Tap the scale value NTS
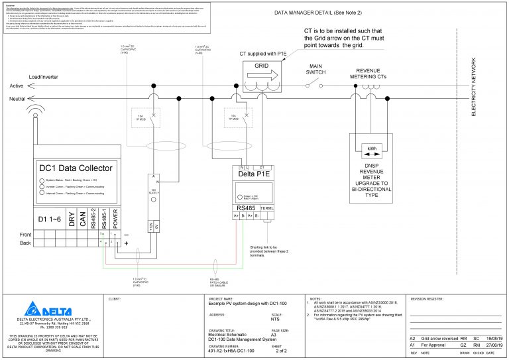pyautogui.click(x=276, y=319)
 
